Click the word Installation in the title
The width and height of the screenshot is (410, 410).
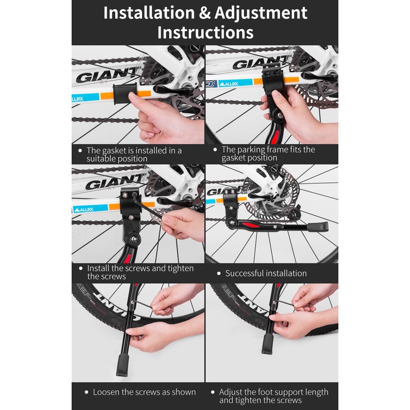point(149,12)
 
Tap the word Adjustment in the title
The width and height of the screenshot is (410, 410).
point(261,13)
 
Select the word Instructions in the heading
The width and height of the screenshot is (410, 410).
point(206,32)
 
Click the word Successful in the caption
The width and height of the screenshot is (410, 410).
point(244,273)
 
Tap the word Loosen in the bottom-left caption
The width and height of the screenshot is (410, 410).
point(106,392)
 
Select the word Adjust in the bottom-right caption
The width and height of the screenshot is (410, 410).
point(231,392)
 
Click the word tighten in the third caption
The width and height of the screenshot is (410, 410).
point(181,268)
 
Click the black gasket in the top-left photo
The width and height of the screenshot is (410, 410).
point(125,93)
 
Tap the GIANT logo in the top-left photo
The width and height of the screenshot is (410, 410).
point(106,75)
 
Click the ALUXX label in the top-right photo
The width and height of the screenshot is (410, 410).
point(229,84)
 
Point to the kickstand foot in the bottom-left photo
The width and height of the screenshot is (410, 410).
point(122,365)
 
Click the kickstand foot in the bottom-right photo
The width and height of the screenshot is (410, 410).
point(268,344)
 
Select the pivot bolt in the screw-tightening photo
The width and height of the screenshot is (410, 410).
point(133,238)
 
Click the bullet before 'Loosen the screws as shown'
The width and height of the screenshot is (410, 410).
point(87,392)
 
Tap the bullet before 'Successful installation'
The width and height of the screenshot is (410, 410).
point(219,274)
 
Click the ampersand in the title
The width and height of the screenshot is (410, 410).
point(204,13)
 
